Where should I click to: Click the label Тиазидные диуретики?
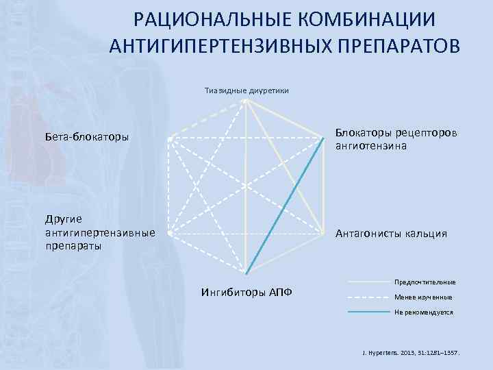[246, 90]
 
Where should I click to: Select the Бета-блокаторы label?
[87, 137]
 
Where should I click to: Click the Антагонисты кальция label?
[391, 234]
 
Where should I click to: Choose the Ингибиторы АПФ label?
[246, 293]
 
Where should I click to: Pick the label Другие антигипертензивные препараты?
[100, 232]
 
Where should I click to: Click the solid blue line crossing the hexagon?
[285, 203]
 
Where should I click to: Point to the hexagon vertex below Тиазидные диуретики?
[246, 101]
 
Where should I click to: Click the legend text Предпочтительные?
[425, 282]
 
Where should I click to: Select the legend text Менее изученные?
[422, 297]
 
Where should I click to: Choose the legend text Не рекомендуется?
[422, 312]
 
